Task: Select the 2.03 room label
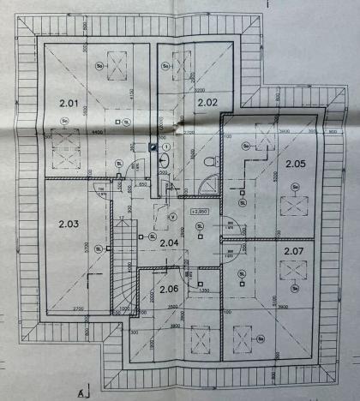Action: point(69,224)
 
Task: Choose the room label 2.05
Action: point(296,163)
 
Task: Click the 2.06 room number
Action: point(169,289)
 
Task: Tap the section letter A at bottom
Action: point(80,393)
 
